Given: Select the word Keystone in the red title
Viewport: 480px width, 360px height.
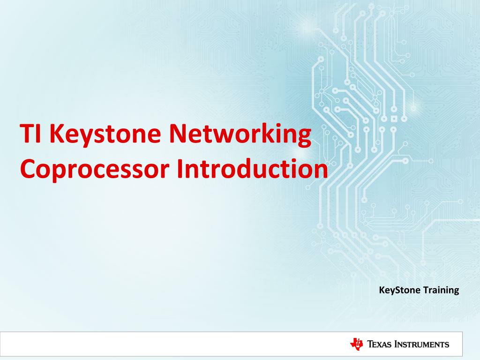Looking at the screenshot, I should (103, 135).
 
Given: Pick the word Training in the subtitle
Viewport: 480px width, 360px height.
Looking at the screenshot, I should (441, 291).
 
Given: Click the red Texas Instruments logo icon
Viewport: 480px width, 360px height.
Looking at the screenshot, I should (357, 344).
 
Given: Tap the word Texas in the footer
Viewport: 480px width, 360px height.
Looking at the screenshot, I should (379, 345).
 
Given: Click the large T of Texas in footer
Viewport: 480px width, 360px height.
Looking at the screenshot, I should (370, 345).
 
